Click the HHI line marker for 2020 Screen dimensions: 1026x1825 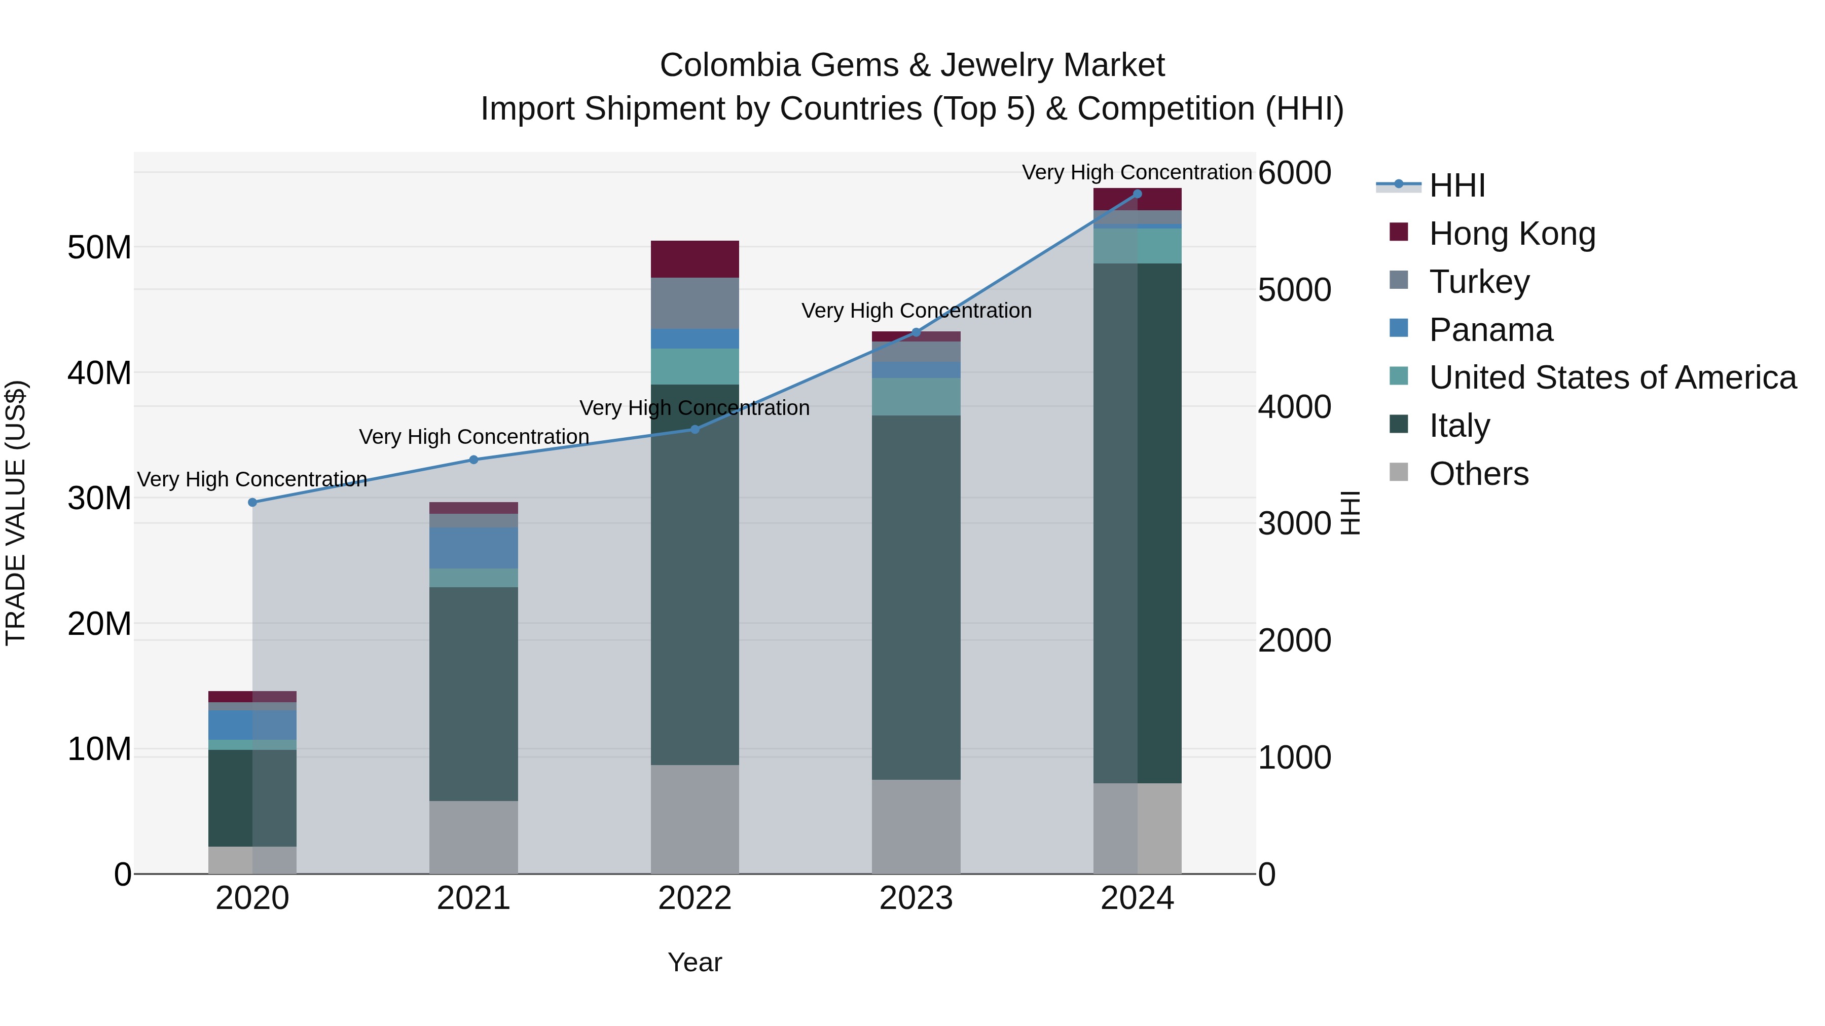[x=253, y=502]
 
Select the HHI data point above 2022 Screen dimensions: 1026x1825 [x=695, y=429]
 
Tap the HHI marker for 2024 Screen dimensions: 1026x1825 [x=1137, y=194]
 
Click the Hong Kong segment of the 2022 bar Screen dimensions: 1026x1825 [x=695, y=259]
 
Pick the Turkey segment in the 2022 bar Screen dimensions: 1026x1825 [x=695, y=303]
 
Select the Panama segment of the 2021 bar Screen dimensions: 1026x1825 [x=474, y=547]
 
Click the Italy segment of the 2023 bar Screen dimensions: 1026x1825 [x=916, y=597]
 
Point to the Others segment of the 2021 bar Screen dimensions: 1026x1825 [x=474, y=837]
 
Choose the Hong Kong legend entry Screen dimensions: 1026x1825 [x=1512, y=234]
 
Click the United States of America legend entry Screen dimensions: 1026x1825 [x=1613, y=377]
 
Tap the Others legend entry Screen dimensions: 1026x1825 [x=1479, y=474]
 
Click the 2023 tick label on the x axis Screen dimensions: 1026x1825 [x=916, y=898]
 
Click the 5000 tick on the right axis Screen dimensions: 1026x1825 [x=1294, y=290]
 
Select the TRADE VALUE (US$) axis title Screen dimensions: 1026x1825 [x=16, y=513]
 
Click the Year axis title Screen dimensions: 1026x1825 [x=695, y=962]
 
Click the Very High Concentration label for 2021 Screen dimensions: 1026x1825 [x=474, y=437]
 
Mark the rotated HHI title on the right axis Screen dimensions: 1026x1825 [x=1350, y=513]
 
